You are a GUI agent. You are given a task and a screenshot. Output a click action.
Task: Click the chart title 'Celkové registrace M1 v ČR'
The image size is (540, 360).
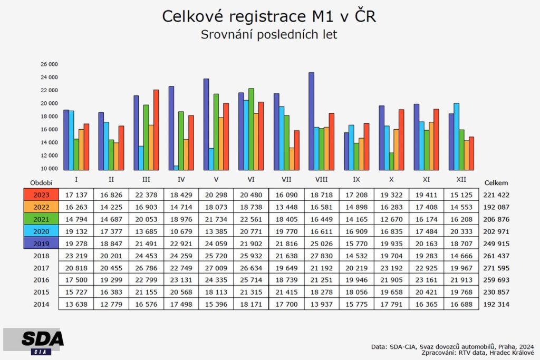tap(269, 16)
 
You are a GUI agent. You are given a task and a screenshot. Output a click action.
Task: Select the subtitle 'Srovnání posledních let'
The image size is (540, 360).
tap(269, 35)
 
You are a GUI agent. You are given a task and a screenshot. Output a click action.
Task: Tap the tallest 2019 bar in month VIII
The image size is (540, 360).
tap(311, 121)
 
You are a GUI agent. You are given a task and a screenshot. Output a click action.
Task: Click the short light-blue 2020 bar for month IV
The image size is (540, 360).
tap(176, 168)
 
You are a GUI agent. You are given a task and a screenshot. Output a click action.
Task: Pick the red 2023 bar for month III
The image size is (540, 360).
tap(156, 130)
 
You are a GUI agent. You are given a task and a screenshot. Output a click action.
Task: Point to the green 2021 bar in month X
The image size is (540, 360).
tap(391, 161)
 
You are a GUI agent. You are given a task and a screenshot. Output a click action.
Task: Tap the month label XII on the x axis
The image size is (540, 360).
tap(461, 180)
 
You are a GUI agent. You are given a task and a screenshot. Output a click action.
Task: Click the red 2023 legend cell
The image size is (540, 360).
tap(41, 194)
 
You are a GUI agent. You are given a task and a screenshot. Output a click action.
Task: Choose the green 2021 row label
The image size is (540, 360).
tap(41, 219)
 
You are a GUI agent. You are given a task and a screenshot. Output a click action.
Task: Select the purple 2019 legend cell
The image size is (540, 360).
tap(41, 243)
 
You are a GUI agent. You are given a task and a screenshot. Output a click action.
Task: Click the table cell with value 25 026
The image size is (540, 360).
tap(321, 243)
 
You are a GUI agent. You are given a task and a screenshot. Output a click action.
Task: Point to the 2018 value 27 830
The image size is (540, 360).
tap(321, 256)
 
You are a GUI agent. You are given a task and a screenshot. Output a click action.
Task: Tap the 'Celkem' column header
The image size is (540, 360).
tap(496, 183)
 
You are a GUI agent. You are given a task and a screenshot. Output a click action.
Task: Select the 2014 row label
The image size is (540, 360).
tap(41, 304)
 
